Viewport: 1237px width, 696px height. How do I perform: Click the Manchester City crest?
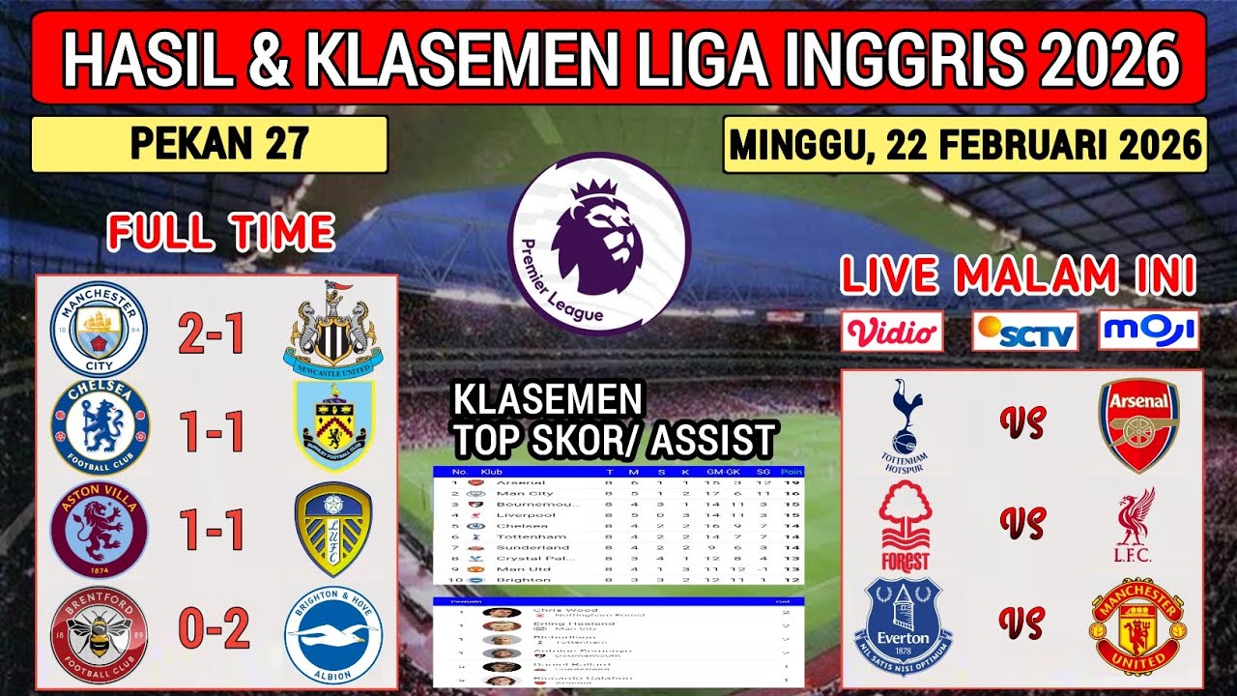(x=99, y=329)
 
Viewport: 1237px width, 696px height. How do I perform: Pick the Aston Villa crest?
(x=100, y=530)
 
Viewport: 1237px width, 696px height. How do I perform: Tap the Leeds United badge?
(x=333, y=530)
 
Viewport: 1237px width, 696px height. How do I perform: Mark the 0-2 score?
(x=211, y=629)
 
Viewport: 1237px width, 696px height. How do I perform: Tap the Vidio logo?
(x=892, y=331)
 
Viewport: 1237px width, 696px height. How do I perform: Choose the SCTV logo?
(x=1024, y=331)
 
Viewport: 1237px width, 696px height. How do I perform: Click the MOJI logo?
(x=1149, y=330)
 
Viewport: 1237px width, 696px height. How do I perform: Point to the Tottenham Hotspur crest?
(x=905, y=425)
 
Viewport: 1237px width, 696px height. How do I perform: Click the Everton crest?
(x=904, y=626)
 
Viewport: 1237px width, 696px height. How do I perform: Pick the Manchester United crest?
(x=1138, y=626)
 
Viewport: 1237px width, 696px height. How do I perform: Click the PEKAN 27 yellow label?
(x=209, y=144)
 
